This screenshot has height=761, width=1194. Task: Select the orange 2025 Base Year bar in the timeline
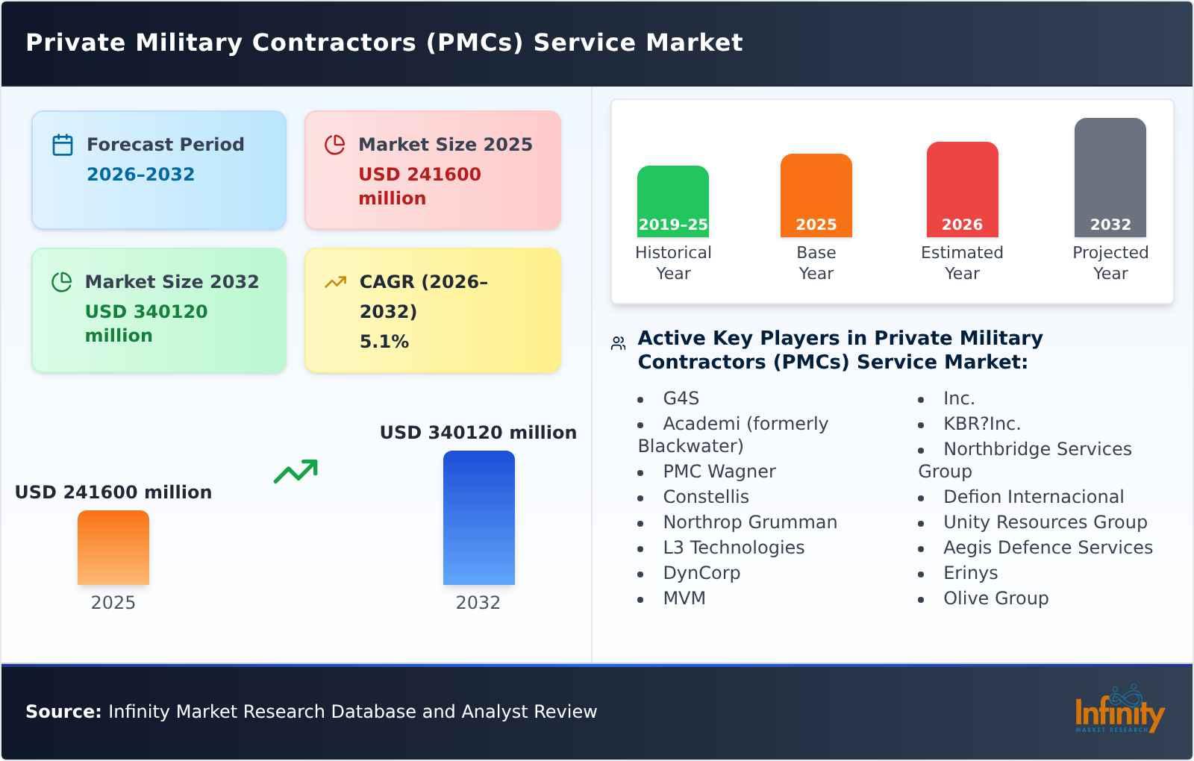[816, 195]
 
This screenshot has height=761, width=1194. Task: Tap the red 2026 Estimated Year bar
[962, 189]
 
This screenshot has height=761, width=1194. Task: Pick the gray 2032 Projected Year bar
[1110, 177]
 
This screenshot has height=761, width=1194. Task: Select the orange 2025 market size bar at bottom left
[113, 547]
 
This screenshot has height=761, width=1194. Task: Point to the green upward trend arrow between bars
[296, 472]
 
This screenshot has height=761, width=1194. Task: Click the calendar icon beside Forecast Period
[63, 145]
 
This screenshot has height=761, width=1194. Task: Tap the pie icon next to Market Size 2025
[335, 145]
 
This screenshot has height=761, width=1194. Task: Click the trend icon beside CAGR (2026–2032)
[335, 282]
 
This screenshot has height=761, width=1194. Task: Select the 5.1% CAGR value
[384, 342]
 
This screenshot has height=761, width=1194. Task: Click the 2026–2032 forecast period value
[140, 175]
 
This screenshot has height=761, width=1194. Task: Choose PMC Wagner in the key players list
[719, 472]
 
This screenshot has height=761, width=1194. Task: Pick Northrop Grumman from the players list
[749, 522]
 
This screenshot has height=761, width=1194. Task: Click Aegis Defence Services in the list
[1047, 548]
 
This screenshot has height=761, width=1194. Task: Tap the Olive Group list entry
[995, 598]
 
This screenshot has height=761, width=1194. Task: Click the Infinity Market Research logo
[1119, 711]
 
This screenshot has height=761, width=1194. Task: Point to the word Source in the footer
[63, 712]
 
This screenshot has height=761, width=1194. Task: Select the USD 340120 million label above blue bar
[478, 433]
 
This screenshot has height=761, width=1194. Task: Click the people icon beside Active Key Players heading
[618, 343]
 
